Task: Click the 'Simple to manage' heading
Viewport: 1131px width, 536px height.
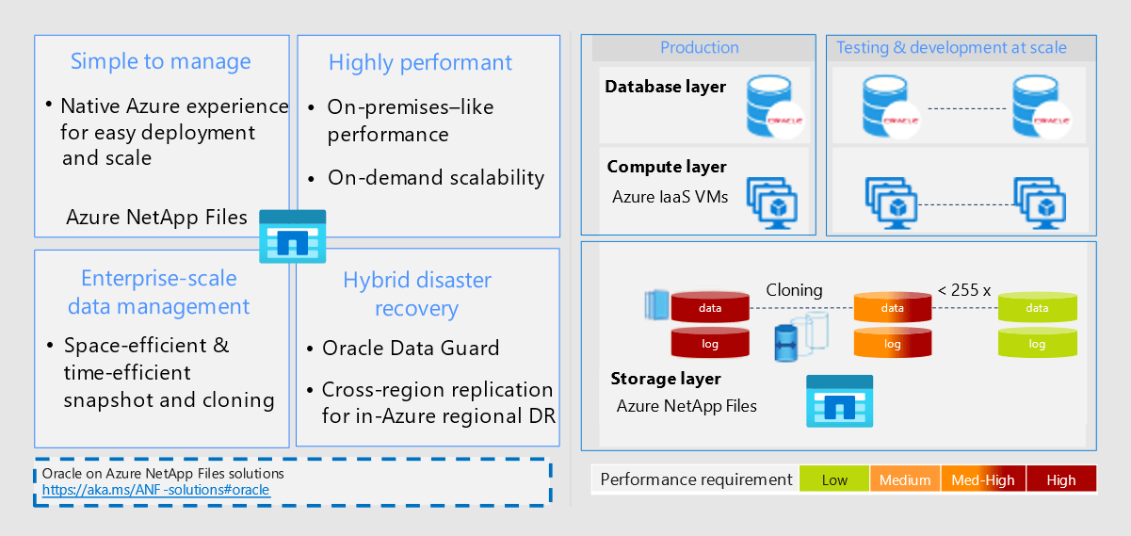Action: (x=161, y=62)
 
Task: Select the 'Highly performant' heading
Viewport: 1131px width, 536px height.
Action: (x=420, y=63)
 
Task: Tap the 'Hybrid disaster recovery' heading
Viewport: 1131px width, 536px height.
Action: (x=416, y=294)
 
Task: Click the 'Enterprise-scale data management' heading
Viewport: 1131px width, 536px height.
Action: (x=159, y=292)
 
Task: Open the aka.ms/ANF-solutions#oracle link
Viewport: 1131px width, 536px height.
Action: (x=155, y=490)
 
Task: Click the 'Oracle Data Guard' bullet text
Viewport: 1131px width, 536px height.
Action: (x=411, y=349)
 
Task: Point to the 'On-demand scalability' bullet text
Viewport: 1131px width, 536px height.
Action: (x=436, y=177)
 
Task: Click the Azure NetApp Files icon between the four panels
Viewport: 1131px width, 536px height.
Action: (x=292, y=236)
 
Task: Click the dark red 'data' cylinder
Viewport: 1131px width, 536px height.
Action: (x=710, y=308)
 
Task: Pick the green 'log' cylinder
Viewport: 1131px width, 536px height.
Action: (x=1037, y=344)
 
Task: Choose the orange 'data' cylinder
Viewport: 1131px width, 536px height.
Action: (x=892, y=308)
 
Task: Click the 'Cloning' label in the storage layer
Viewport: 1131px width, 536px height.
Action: (x=794, y=290)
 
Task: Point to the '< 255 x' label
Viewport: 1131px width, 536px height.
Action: (x=963, y=290)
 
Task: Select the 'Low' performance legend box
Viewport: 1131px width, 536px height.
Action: (x=834, y=479)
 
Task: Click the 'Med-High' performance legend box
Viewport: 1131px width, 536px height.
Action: (x=984, y=479)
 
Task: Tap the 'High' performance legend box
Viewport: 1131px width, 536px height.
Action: (x=1060, y=479)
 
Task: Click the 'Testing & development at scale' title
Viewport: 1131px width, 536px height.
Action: (x=951, y=48)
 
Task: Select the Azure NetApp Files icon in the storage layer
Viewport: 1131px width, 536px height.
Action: (x=839, y=402)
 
